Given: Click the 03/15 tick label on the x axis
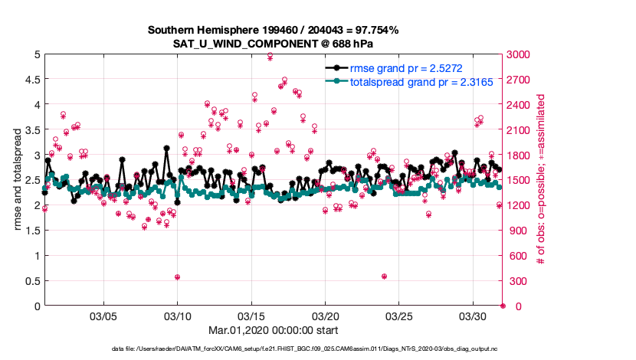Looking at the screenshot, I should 251,316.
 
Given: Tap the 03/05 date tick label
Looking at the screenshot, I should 103,316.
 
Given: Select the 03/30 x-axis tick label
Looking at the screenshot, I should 473,316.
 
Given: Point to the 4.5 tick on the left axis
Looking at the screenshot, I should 31,80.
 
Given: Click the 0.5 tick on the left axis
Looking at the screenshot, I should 31,281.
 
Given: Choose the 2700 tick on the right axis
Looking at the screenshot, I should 519,80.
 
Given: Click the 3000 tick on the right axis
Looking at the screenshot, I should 519,54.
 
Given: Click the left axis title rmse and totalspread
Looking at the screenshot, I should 16,180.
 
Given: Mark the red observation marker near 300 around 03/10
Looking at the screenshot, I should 178,277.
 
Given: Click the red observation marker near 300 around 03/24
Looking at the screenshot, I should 384,277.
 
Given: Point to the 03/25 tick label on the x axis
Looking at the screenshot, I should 399,316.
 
